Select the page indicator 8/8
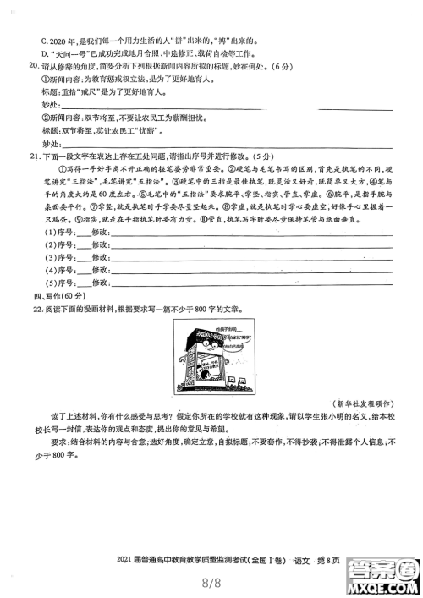coord(211,582)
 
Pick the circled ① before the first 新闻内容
coord(45,80)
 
